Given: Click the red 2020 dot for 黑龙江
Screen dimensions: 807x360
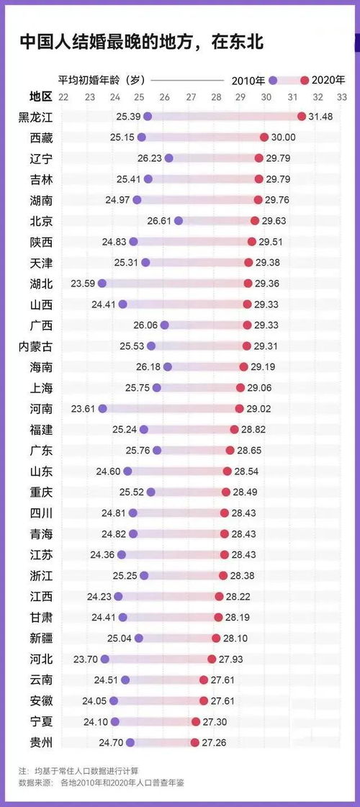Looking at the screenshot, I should [x=302, y=116].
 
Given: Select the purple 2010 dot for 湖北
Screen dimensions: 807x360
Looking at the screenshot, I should [x=102, y=284].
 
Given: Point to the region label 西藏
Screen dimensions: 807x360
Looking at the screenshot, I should [x=41, y=137].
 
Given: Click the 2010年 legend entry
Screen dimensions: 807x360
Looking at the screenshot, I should [x=249, y=80].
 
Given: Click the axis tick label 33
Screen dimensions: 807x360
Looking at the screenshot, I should [x=341, y=96].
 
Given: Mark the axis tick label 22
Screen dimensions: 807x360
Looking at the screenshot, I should [x=64, y=96].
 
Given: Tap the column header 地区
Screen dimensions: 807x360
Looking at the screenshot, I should [x=41, y=96].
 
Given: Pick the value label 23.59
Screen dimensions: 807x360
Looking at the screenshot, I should [x=83, y=284].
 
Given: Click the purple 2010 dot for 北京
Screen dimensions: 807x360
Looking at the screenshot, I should [x=179, y=221].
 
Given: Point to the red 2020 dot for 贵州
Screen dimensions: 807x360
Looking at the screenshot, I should [x=194, y=742].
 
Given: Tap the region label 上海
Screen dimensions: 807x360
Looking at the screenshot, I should [x=41, y=388].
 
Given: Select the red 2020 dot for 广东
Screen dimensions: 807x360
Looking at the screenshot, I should [x=230, y=451].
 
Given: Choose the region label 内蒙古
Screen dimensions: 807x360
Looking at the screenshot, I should [x=35, y=346].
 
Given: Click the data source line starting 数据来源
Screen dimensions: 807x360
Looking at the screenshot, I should [x=102, y=783].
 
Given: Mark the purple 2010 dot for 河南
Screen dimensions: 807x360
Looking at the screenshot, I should [x=102, y=409].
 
